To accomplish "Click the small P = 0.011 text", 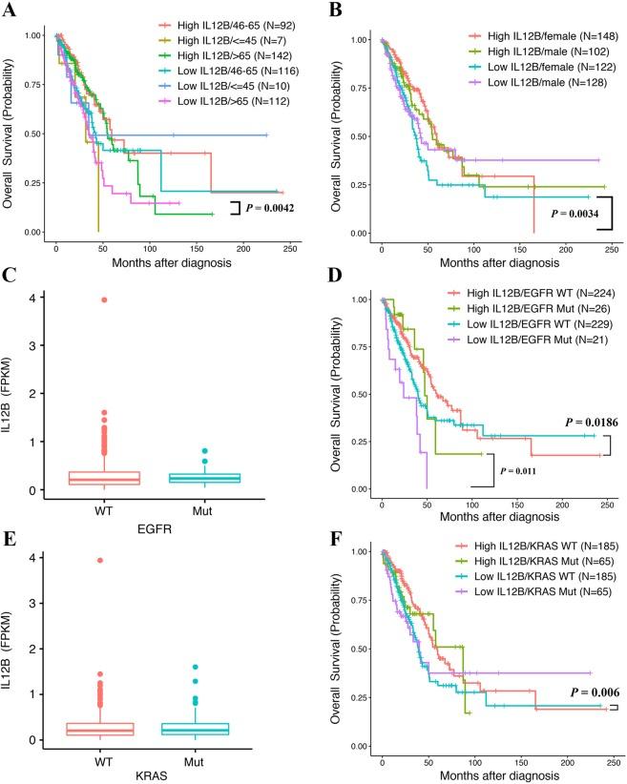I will [x=526, y=469].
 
